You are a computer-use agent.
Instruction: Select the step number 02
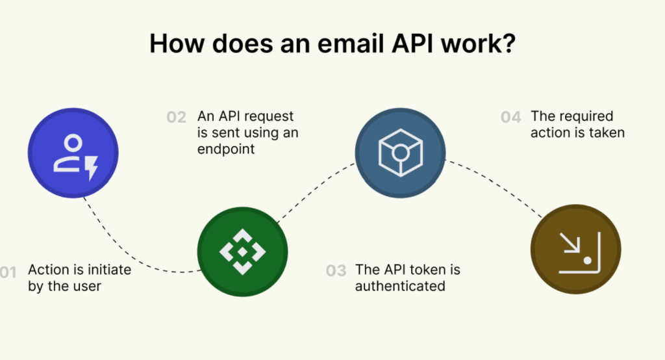(177, 117)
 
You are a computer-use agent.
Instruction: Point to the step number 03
(336, 270)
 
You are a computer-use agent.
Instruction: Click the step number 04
(510, 117)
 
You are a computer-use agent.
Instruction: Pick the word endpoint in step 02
(226, 149)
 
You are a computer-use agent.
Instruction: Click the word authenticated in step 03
(400, 286)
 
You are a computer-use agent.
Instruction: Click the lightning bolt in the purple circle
(92, 168)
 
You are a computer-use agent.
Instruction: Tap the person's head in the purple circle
(73, 143)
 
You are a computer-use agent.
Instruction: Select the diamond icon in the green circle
(243, 251)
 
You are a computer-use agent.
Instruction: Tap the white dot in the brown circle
(587, 260)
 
